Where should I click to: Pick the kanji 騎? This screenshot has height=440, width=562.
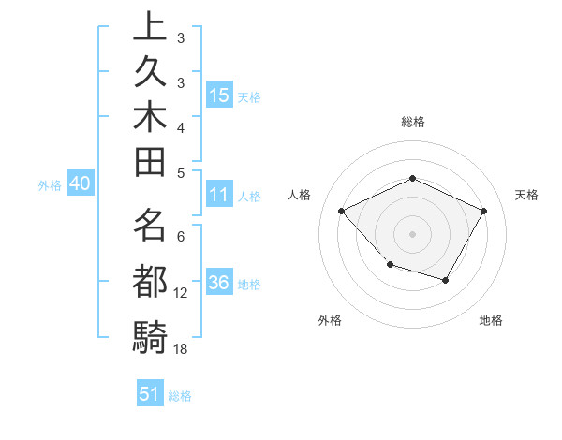150,333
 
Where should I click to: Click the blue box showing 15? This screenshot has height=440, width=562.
219,95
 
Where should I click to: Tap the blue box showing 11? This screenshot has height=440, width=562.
219,196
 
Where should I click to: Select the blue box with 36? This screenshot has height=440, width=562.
219,284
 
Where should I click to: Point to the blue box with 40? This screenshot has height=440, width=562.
79,184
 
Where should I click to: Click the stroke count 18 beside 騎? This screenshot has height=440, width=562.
181,348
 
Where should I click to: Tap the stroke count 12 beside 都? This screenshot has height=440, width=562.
181,293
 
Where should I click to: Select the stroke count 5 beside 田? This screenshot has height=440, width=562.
181,172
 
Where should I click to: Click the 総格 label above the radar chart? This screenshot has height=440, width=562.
412,122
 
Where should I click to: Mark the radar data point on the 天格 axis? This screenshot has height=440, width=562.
483,211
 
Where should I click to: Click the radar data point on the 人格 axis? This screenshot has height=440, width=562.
342,211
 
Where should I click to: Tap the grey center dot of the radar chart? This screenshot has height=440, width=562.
412,233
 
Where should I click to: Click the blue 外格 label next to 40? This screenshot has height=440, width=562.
50,185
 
